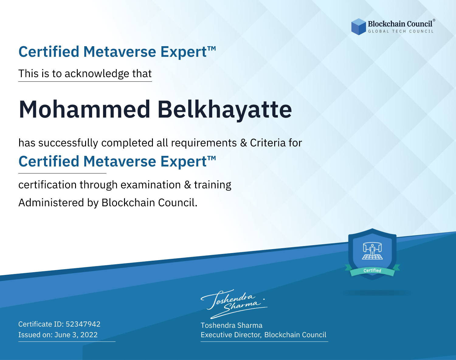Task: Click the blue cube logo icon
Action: click(x=358, y=27)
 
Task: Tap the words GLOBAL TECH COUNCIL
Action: click(x=401, y=31)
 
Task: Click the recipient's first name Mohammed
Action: click(x=85, y=109)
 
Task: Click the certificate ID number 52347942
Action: click(x=83, y=324)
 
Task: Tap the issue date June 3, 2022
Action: click(x=76, y=334)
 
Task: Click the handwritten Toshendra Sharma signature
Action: click(x=234, y=304)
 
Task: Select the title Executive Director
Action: click(x=230, y=335)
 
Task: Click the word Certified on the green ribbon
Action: click(x=372, y=270)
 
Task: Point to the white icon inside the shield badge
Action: click(x=372, y=251)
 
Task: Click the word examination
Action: click(x=151, y=185)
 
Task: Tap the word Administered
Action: click(x=51, y=203)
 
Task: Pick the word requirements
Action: click(x=204, y=143)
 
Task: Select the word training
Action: click(x=213, y=185)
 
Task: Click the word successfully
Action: click(x=68, y=143)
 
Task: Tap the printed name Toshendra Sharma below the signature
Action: click(x=231, y=325)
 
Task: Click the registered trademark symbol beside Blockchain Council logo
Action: click(x=434, y=20)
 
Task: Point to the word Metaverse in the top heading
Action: click(x=119, y=52)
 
